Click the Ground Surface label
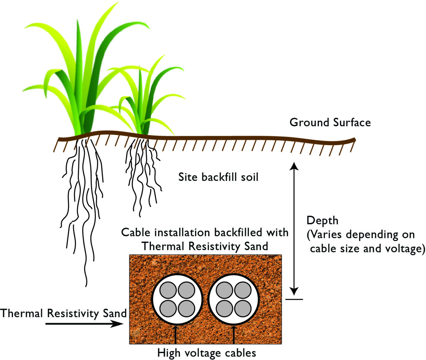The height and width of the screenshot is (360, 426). click(x=330, y=123)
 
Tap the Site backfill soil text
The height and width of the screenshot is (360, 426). click(x=218, y=177)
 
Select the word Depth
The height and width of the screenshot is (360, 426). click(x=322, y=221)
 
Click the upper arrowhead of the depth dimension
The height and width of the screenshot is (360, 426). click(x=294, y=166)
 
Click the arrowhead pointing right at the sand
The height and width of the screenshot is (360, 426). click(x=117, y=323)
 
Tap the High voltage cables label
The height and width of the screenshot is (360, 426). click(x=206, y=353)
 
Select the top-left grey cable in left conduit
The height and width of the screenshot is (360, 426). click(x=168, y=290)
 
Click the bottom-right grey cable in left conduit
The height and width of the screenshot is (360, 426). click(x=186, y=308)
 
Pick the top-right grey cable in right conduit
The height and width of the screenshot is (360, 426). click(x=243, y=290)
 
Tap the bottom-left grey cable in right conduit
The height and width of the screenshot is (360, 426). click(x=224, y=308)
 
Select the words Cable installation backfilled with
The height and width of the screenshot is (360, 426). click(x=205, y=232)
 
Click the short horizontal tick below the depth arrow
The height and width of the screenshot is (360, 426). click(x=294, y=299)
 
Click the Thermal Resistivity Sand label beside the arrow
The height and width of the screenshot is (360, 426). click(x=63, y=313)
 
